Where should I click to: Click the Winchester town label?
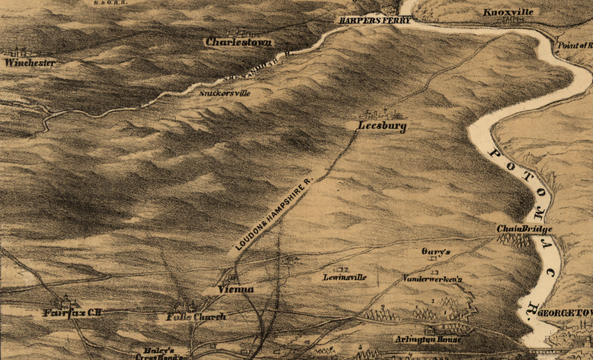coord(30,63)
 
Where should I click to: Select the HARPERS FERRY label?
coord(370,20)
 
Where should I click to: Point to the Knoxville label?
coord(508,13)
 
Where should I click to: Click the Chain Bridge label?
coord(525,230)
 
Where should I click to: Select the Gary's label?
coord(436,252)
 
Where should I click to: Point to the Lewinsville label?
coord(345,277)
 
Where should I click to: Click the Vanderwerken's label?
coord(432,279)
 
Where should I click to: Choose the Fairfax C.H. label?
coord(71,313)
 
